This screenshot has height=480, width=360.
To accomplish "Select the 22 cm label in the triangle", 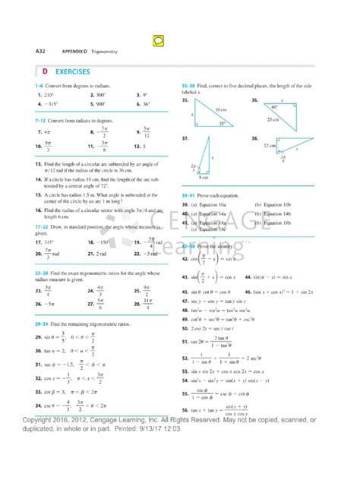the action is click(x=270, y=146).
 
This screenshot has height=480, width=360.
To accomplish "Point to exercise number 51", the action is click(x=185, y=343).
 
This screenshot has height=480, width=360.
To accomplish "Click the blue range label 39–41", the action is click(x=188, y=195).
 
